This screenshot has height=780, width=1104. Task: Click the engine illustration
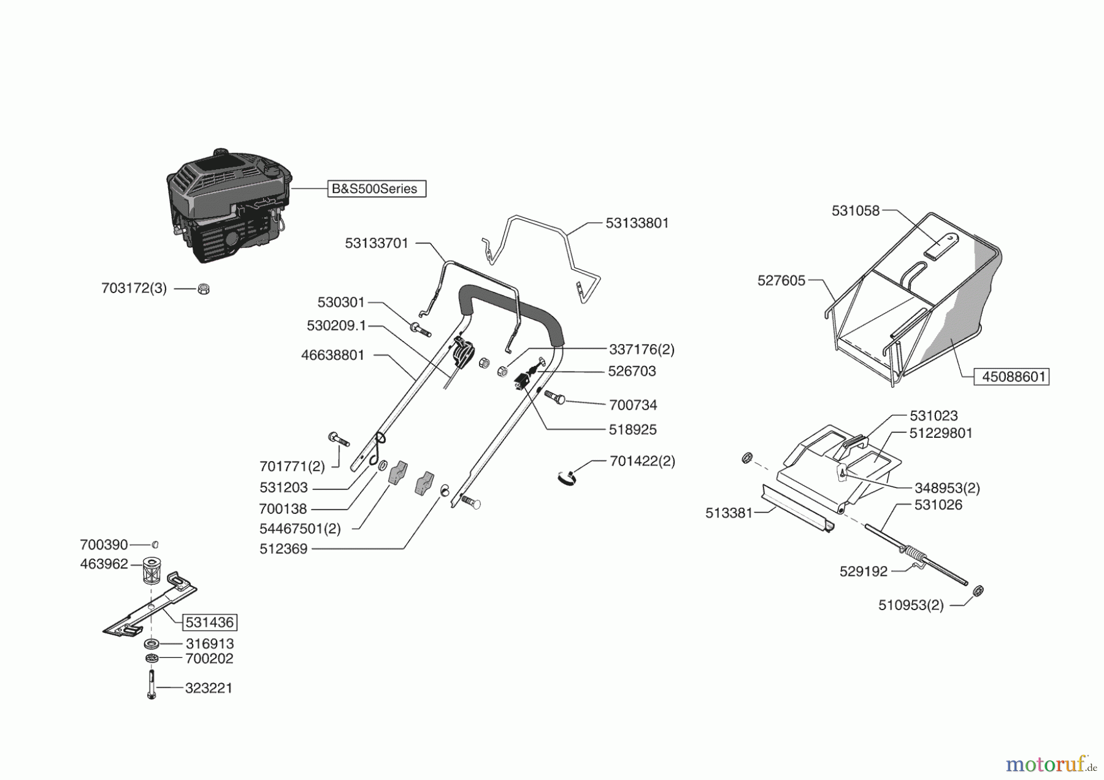(226, 205)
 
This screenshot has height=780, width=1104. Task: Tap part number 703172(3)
(134, 288)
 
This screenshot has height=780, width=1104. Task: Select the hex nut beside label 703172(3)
(204, 288)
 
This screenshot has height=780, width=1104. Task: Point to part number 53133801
(637, 223)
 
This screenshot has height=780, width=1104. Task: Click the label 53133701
(377, 243)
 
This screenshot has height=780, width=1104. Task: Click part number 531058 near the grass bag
(855, 211)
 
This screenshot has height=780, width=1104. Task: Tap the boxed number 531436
(210, 622)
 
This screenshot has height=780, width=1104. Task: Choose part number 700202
(209, 659)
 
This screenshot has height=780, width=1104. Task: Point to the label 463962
(104, 564)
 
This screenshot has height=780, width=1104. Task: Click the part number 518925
(632, 430)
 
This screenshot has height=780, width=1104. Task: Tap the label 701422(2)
(642, 461)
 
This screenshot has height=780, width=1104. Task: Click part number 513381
(729, 513)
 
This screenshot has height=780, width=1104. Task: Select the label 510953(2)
(911, 605)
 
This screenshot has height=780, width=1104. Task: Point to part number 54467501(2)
(300, 529)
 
